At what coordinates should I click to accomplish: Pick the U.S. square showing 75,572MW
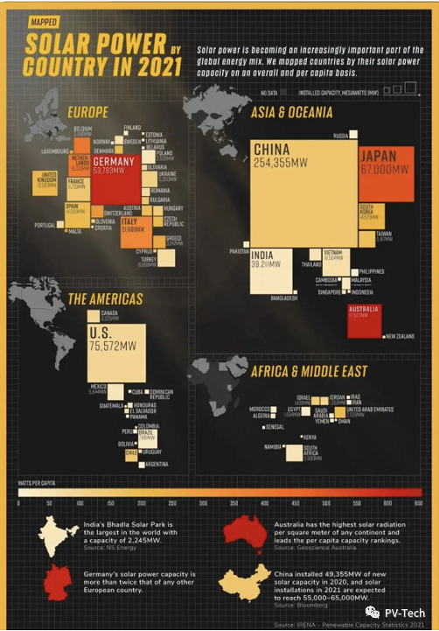coord(117,350)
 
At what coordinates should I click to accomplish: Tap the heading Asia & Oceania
coord(292,112)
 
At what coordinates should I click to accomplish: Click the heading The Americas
coord(106,300)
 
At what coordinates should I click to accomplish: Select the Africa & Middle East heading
coord(309,372)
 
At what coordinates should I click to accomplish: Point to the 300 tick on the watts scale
coord(202,503)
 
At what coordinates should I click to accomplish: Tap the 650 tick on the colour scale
coord(418,503)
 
